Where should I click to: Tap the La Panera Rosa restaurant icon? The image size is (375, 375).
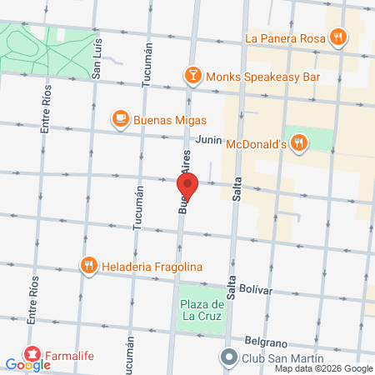click(x=337, y=37)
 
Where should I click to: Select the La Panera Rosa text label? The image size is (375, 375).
click(x=284, y=37)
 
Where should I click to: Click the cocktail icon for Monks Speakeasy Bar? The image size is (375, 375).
click(x=192, y=75)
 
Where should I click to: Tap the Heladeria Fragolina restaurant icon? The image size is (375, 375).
click(x=89, y=266)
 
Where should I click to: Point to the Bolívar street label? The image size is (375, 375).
click(x=255, y=288)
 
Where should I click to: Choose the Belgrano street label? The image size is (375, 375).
click(x=266, y=341)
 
